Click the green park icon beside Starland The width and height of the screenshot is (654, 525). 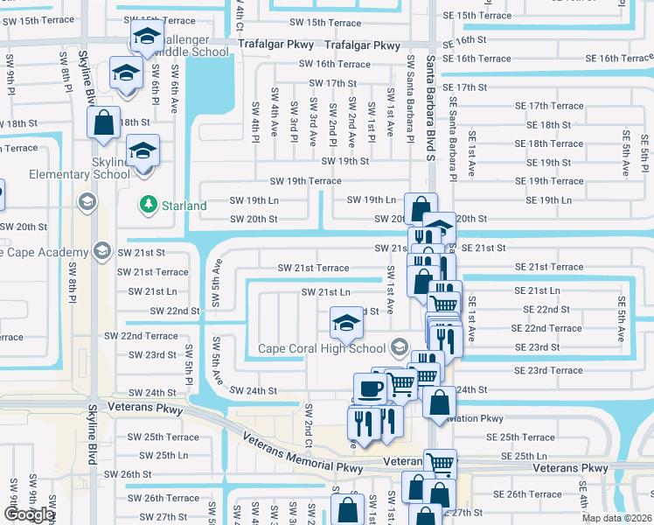147,205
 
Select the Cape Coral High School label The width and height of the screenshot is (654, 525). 321,349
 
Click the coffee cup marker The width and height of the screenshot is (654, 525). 369,388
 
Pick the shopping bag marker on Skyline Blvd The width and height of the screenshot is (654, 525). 103,122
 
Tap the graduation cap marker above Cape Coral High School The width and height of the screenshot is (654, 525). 346,322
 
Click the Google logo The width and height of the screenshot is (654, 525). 29,514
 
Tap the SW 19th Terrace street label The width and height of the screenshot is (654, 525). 305,181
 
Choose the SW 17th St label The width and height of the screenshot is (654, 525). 328,83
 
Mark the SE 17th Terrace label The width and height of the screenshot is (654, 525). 549,106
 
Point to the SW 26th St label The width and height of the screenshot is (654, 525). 128,474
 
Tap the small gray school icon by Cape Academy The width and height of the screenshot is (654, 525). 102,253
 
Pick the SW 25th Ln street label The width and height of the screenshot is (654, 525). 158,455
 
